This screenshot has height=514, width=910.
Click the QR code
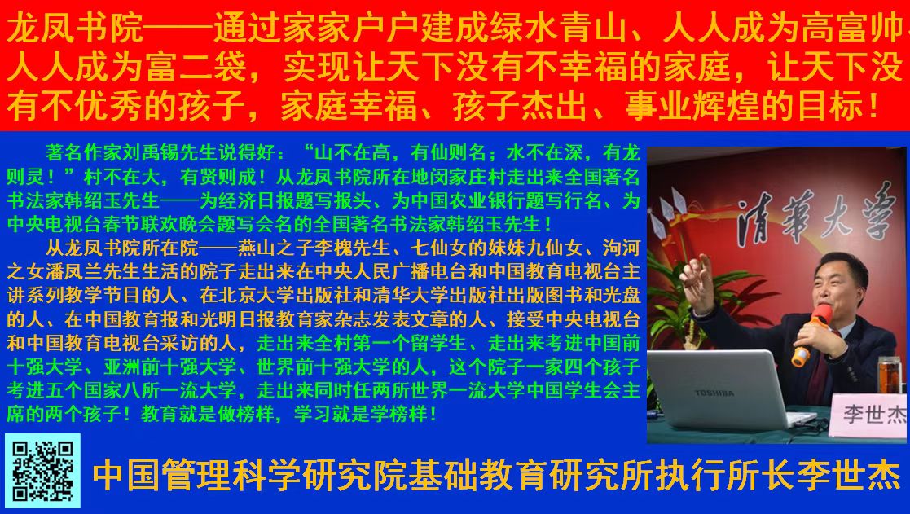tap(42, 471)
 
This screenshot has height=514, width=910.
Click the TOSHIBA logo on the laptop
tap(714, 393)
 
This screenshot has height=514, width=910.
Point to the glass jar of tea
tap(890, 375)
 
